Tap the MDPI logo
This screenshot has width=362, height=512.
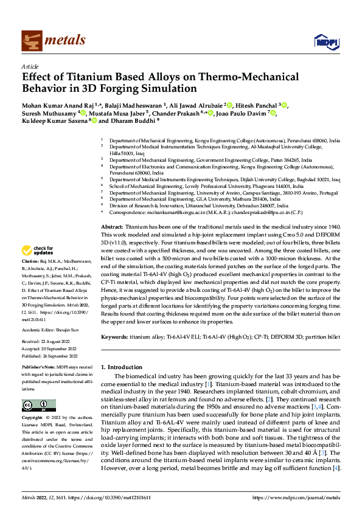(324, 41)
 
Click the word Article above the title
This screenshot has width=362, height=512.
(30, 67)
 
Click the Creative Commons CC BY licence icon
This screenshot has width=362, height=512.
(38, 406)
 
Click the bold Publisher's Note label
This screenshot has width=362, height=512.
(38, 368)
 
